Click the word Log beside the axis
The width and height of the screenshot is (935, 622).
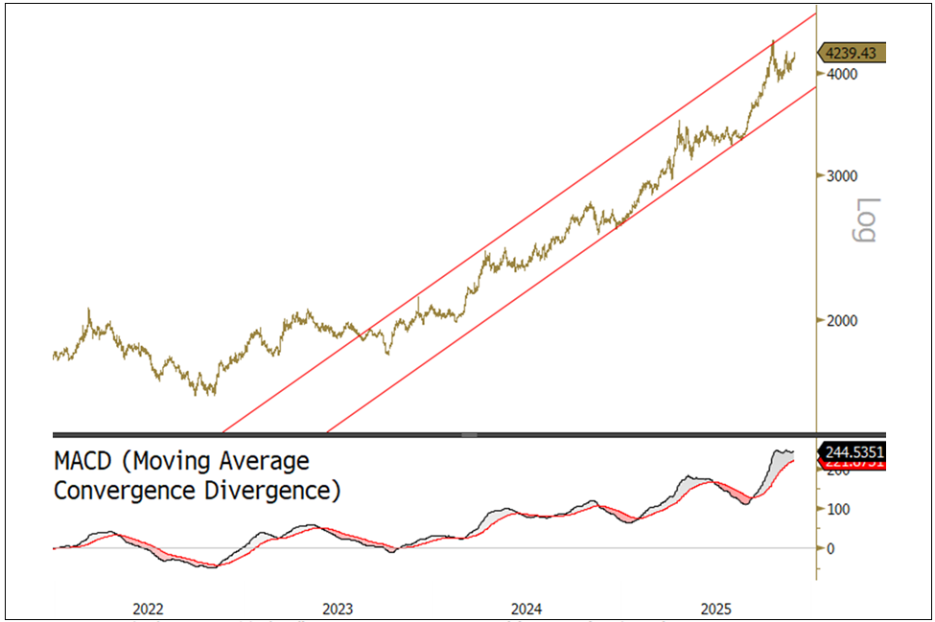click(866, 220)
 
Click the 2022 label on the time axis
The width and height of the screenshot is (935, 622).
click(148, 609)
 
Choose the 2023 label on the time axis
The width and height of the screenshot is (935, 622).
click(338, 609)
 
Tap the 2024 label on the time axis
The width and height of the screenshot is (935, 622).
click(526, 609)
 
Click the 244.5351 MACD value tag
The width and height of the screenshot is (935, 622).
click(853, 452)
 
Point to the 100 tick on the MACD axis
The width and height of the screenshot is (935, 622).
click(837, 508)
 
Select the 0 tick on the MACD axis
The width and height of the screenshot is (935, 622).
click(830, 549)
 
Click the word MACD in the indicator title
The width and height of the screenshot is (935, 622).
click(84, 462)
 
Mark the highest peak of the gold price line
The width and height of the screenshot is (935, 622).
click(773, 41)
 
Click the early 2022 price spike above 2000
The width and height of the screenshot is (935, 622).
click(88, 310)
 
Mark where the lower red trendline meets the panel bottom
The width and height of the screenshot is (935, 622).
click(328, 433)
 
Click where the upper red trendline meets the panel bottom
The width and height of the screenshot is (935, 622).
click(222, 433)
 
